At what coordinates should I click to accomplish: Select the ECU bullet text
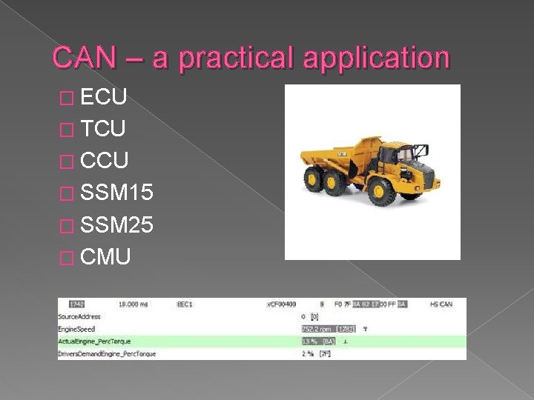point(105,97)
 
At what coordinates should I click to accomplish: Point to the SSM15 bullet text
point(117,193)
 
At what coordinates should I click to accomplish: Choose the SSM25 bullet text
point(117,224)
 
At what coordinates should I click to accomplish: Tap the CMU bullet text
point(106,257)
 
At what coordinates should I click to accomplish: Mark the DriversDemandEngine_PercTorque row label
point(107,355)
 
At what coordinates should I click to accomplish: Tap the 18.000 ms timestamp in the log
point(133,304)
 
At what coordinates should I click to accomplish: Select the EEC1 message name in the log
point(185,304)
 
